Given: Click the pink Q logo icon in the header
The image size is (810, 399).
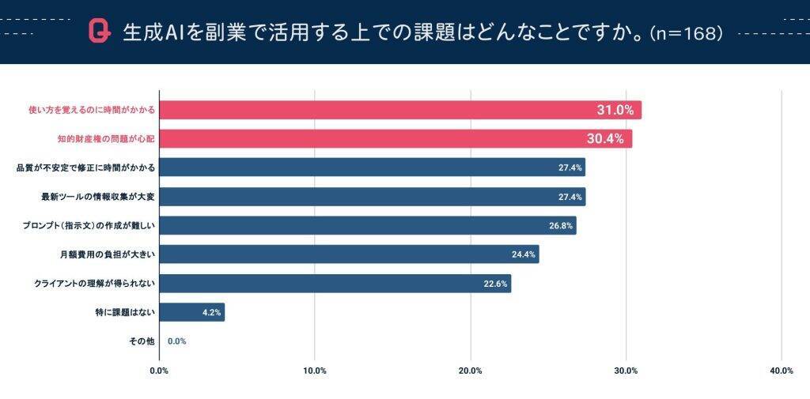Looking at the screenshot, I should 99,32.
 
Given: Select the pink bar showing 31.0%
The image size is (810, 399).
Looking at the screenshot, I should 399,110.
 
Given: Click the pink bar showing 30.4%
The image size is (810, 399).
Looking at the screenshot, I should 396,139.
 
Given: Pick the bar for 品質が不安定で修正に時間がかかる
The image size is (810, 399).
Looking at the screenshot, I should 372,168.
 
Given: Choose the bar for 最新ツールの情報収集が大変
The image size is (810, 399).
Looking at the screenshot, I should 372,197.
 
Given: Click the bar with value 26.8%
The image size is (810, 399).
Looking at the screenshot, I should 368,225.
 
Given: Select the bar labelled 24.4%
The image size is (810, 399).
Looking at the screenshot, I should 349,254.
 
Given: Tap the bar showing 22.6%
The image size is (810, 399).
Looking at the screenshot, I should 335,284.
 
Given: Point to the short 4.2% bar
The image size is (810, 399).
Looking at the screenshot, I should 192,312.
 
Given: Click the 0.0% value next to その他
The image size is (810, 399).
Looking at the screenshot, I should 176,341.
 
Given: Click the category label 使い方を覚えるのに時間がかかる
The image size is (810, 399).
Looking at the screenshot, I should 88,110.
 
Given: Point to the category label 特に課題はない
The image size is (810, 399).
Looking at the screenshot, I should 124,312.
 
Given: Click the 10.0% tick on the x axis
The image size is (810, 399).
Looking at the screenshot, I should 315,371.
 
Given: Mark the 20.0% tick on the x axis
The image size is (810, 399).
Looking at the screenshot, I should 471,371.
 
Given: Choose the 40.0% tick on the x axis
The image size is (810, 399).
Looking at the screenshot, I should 782,371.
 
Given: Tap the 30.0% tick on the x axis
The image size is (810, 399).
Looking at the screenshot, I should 626,371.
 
